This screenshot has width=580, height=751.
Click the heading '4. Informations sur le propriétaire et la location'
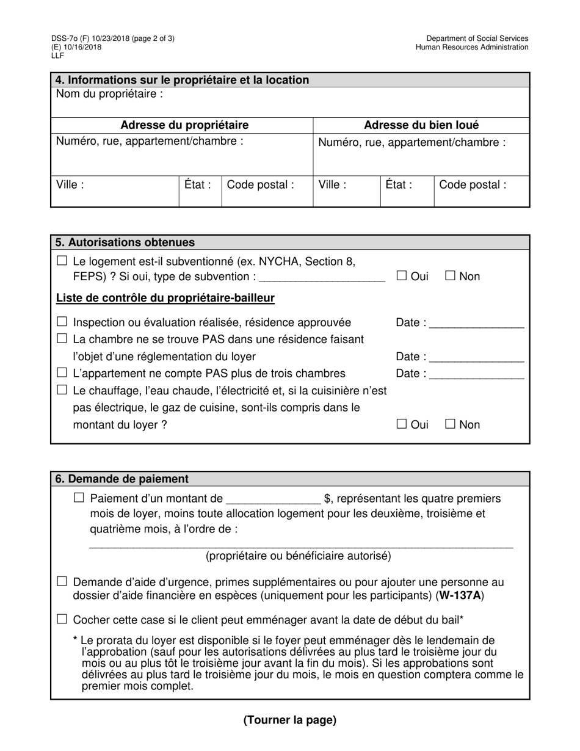pyautogui.click(x=182, y=80)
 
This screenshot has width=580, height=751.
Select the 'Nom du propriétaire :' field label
pyautogui.click(x=110, y=94)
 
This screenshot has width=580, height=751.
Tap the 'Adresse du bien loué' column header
pyautogui.click(x=421, y=125)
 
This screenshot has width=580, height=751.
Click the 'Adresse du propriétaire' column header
pyautogui.click(x=184, y=125)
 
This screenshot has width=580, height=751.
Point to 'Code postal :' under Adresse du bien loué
pyautogui.click(x=473, y=184)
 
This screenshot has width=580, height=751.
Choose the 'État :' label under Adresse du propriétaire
pyautogui.click(x=198, y=184)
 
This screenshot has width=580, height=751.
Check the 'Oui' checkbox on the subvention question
pyautogui.click(x=402, y=276)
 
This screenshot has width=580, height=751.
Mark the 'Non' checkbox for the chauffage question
pyautogui.click(x=451, y=424)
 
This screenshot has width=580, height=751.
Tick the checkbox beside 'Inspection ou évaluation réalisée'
pyautogui.click(x=62, y=322)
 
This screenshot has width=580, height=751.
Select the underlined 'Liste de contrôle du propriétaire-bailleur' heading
pyautogui.click(x=165, y=298)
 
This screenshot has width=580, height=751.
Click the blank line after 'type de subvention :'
pyautogui.click(x=322, y=278)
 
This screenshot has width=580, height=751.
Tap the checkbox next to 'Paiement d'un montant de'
pyautogui.click(x=79, y=498)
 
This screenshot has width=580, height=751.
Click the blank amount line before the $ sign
pyautogui.click(x=273, y=500)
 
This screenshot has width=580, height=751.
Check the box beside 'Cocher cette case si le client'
pyautogui.click(x=62, y=619)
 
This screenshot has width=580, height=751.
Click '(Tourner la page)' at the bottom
pyautogui.click(x=290, y=720)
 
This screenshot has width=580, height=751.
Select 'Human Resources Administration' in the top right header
pyautogui.click(x=472, y=47)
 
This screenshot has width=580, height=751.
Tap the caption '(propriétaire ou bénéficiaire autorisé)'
pyautogui.click(x=299, y=556)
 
